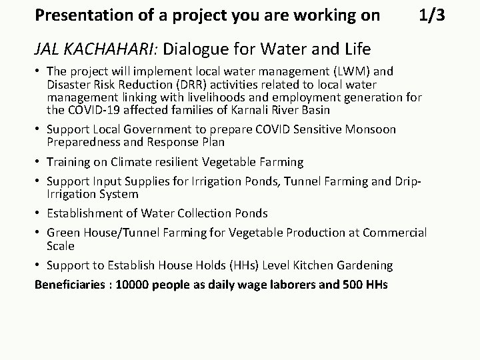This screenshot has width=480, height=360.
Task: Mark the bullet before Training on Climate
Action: point(37,162)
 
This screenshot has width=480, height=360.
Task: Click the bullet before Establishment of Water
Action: point(37,213)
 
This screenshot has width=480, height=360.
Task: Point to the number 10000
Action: point(134,285)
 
